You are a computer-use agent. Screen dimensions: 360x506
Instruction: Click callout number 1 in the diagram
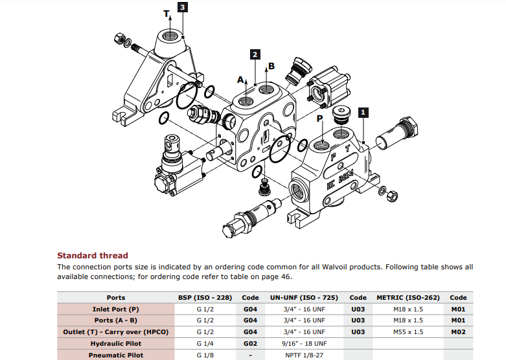tap(363, 111)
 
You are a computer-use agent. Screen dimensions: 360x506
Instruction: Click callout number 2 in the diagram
tap(256, 54)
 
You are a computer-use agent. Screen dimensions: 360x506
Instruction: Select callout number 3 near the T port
tap(183, 8)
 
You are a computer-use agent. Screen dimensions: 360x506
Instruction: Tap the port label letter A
tap(240, 80)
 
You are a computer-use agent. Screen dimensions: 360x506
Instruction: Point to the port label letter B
tap(271, 66)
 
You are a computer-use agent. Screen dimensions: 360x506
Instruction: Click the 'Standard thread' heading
tap(93, 255)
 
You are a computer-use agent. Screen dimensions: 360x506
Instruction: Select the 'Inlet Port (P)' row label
tap(115, 309)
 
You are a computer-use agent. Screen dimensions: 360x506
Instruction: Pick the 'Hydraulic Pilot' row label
tap(115, 343)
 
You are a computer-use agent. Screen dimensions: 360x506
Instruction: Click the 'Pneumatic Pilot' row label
tap(115, 355)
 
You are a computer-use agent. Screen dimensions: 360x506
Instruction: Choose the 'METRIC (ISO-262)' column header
tap(408, 297)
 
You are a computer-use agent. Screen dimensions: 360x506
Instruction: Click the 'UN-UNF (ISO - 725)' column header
tap(304, 297)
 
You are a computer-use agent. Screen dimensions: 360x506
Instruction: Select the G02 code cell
tap(250, 343)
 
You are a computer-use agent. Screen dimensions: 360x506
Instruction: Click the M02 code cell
tap(458, 332)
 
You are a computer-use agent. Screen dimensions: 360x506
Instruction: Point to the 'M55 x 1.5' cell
tap(408, 332)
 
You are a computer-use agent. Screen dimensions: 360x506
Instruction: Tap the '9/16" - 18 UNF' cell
tap(304, 343)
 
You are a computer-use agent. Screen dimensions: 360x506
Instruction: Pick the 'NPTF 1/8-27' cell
tap(304, 355)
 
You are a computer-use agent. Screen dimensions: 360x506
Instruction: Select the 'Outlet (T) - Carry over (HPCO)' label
tap(115, 332)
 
